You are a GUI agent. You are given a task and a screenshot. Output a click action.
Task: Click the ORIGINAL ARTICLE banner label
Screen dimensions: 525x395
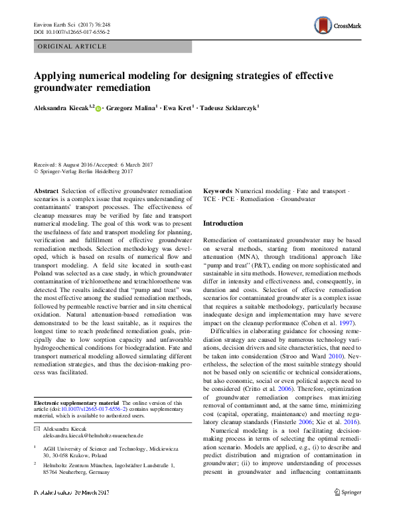(72, 46)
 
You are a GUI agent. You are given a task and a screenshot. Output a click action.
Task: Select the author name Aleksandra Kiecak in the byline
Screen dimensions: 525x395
(63, 108)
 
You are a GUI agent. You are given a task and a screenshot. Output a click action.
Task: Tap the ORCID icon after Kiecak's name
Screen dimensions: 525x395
(98, 108)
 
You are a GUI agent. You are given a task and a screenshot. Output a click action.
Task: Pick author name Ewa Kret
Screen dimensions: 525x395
(179, 108)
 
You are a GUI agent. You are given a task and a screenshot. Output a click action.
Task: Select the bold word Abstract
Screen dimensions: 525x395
(46, 190)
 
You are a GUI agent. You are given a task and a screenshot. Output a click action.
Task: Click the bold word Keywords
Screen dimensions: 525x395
(218, 190)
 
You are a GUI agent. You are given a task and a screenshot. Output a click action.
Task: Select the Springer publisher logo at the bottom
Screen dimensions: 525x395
(347, 512)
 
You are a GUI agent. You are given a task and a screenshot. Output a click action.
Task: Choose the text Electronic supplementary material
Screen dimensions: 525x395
(76, 403)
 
